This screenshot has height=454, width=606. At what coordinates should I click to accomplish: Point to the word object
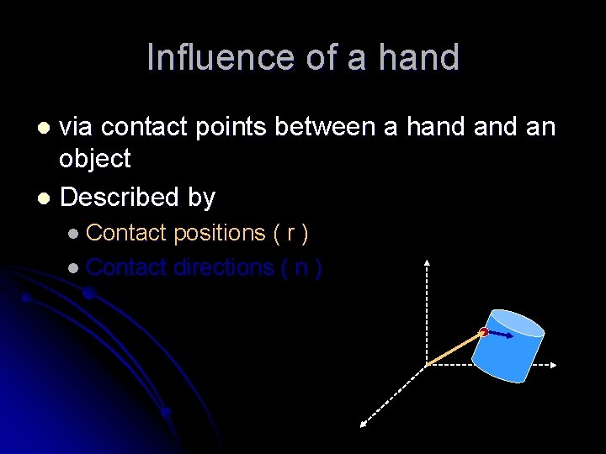click(x=95, y=159)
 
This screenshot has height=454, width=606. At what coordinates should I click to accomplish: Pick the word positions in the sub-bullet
click(x=219, y=232)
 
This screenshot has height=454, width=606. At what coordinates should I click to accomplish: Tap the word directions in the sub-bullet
click(x=223, y=267)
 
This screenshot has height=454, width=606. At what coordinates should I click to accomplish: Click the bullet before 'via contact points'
click(x=45, y=128)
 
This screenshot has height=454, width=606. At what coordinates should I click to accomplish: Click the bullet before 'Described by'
click(x=45, y=198)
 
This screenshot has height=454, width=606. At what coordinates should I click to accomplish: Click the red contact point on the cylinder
click(x=484, y=333)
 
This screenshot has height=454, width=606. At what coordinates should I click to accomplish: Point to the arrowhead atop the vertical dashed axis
click(x=428, y=262)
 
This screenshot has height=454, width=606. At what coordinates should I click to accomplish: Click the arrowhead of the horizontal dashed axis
click(x=553, y=365)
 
